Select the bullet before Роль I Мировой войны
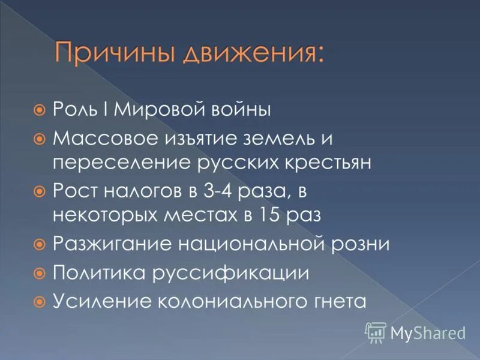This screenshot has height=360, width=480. [40, 110]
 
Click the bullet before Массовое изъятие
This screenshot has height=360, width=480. [40, 139]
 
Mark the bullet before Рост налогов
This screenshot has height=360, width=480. [40, 191]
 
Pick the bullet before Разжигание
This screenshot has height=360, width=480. [40, 244]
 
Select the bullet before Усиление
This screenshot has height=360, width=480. [40, 301]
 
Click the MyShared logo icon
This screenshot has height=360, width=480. [376, 332]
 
